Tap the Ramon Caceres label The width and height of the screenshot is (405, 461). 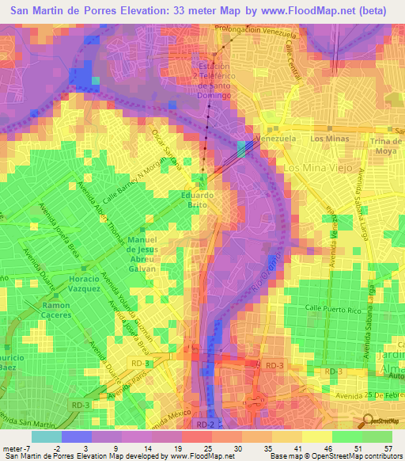pos(56,311)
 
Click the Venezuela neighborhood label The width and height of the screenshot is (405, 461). pos(278,138)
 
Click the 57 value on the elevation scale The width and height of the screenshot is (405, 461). pos(387,448)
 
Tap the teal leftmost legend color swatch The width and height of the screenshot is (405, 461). pos(46,436)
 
